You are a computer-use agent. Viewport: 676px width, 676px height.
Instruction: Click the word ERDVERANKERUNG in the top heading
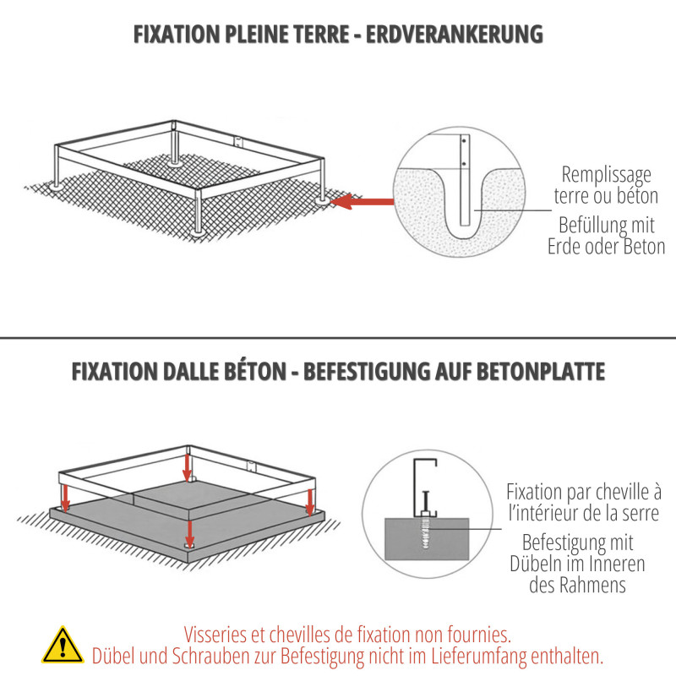[x=455, y=35]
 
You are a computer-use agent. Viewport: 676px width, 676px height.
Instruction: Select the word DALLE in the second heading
[x=189, y=372]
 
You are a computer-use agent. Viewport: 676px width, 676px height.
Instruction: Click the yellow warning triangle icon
[x=63, y=646]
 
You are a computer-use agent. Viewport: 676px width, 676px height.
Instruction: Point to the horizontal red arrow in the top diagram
[x=363, y=201]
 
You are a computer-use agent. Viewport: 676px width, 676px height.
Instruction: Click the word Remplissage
[x=606, y=176]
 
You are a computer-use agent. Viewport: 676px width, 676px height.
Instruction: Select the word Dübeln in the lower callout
[x=535, y=564]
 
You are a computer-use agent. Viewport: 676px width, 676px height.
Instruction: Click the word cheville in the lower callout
[x=624, y=492]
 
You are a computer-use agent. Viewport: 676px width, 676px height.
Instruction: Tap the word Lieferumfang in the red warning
[x=479, y=657]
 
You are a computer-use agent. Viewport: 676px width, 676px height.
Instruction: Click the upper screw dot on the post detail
[x=464, y=141]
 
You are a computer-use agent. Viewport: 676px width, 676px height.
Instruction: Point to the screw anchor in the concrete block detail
[x=426, y=533]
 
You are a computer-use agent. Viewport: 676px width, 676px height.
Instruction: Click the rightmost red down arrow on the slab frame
[x=310, y=502]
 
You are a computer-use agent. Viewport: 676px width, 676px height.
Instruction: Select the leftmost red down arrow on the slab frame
[x=65, y=498]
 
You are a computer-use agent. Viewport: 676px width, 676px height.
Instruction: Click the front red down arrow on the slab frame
[x=189, y=534]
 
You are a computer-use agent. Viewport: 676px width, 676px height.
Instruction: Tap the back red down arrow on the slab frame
[x=187, y=468]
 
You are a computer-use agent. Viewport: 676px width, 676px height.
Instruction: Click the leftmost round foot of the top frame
[x=56, y=186]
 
